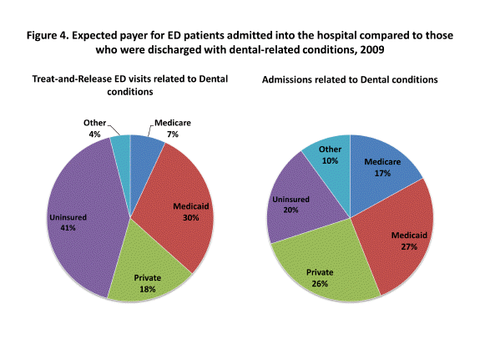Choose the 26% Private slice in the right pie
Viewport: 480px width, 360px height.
321,267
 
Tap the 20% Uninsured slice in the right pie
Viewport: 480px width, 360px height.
292,200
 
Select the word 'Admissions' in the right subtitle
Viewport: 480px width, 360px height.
291,79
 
